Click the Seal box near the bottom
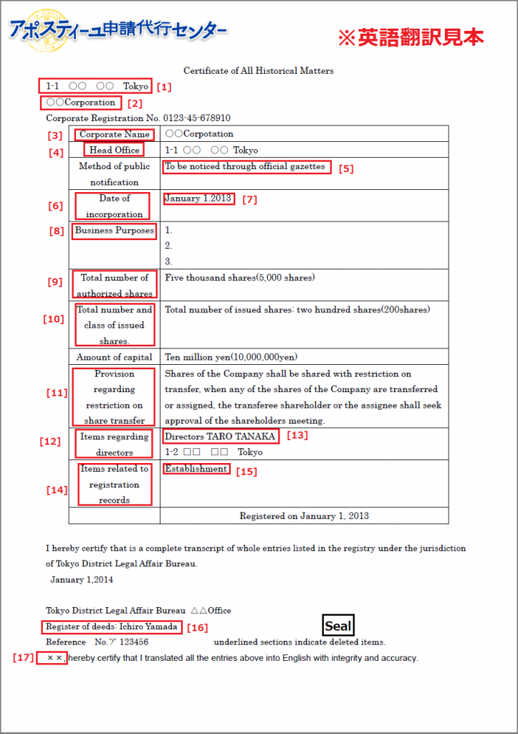coord(338,626)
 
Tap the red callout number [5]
coord(346,169)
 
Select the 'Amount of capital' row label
coord(115,357)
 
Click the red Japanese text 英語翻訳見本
coord(411,38)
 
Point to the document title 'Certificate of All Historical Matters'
coord(259,71)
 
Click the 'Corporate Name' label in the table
coord(115,134)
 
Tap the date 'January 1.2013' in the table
coord(198,199)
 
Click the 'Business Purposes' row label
coord(115,231)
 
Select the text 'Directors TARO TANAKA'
coord(220,437)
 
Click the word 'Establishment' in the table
coord(196,469)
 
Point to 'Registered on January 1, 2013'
coord(304,515)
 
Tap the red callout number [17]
coord(23,657)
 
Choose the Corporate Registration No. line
coord(138,118)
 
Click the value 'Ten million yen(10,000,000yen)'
coord(231,357)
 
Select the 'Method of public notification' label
coord(115,173)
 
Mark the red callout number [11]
coord(57,393)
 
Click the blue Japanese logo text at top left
coord(118,30)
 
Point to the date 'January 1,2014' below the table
coord(82,579)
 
